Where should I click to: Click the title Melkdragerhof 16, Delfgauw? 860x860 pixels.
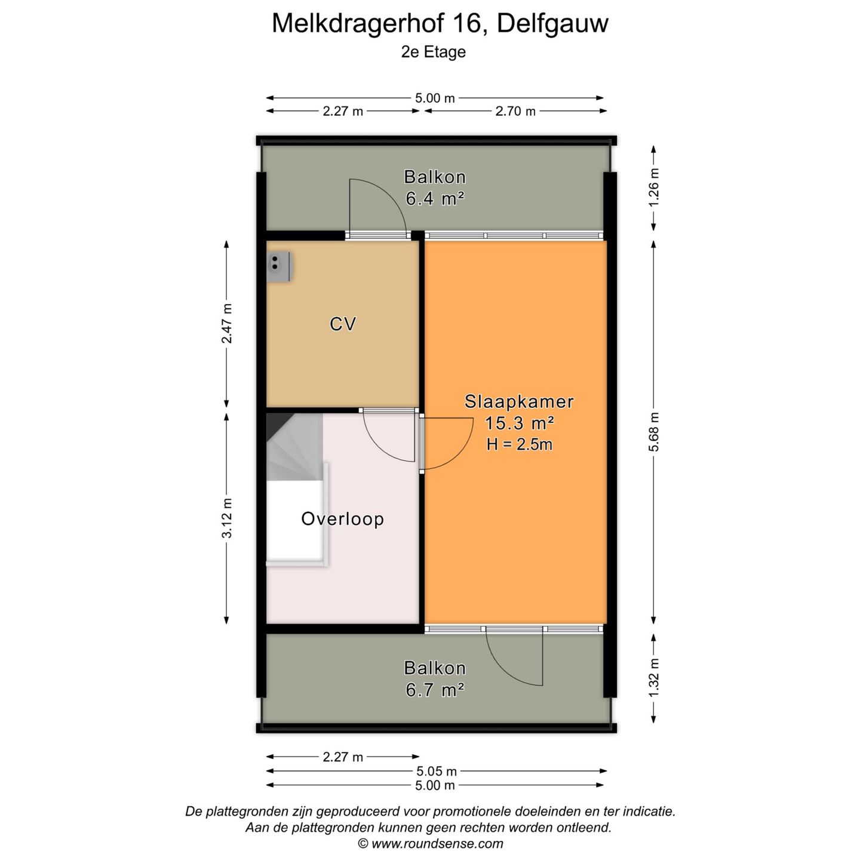coord(440,24)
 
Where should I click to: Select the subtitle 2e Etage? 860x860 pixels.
coord(433,52)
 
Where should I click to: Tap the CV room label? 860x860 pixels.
coord(343,324)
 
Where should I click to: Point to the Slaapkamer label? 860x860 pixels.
coord(519,401)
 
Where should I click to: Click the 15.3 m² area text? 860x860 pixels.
coord(519,423)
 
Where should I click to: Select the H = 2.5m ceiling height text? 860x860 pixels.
coord(519,444)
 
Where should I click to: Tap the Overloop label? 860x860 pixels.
coord(342,519)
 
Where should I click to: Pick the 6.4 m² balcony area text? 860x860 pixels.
coord(435,199)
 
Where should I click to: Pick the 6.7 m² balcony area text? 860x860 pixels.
coord(435,690)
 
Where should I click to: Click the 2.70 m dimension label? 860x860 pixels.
coord(515,111)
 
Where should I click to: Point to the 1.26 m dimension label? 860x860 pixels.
coord(655,187)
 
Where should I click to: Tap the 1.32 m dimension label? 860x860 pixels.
coord(655,677)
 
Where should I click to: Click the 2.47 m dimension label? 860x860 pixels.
coord(227,323)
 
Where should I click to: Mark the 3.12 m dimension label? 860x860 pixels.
coord(227,518)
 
